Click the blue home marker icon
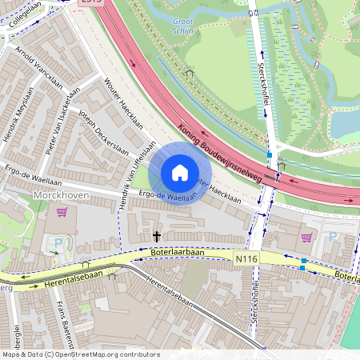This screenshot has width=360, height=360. (x=180, y=173)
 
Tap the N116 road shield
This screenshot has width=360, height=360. (x=247, y=259)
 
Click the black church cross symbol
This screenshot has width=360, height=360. (x=157, y=236)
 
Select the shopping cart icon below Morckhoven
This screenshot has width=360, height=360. (x=62, y=213)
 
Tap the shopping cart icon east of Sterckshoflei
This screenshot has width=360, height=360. (x=306, y=237)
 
